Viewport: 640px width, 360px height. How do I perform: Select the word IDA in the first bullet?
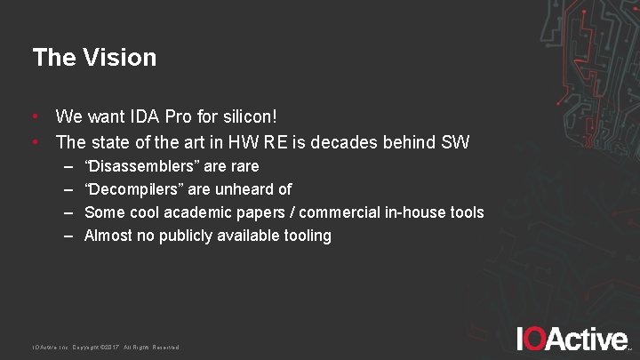(144, 116)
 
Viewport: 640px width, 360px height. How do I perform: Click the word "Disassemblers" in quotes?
(139, 166)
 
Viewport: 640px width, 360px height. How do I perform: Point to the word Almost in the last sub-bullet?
(108, 236)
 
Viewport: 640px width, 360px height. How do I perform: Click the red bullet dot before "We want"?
(35, 116)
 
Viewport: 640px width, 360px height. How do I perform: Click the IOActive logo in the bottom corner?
(572, 339)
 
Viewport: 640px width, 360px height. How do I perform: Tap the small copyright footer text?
(106, 347)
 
